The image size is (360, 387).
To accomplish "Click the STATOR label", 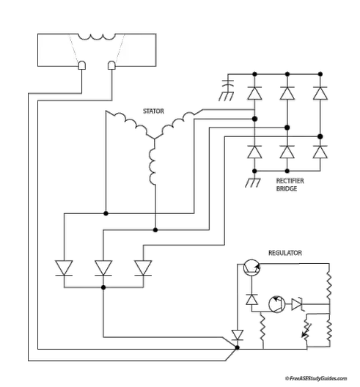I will pyautogui.click(x=153, y=111).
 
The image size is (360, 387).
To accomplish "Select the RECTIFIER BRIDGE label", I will pyautogui.click(x=286, y=183).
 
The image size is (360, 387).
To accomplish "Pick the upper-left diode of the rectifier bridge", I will pyautogui.click(x=254, y=95).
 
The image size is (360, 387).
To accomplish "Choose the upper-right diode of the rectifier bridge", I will pyautogui.click(x=319, y=95).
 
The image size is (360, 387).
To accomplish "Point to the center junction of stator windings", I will pyautogui.click(x=155, y=140).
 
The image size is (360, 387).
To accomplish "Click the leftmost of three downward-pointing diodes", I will pyautogui.click(x=65, y=267).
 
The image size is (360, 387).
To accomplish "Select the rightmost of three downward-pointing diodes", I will pyautogui.click(x=143, y=267).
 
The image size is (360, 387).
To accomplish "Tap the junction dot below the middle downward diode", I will pyautogui.click(x=104, y=288).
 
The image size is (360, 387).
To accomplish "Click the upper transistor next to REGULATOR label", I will pyautogui.click(x=250, y=268).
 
